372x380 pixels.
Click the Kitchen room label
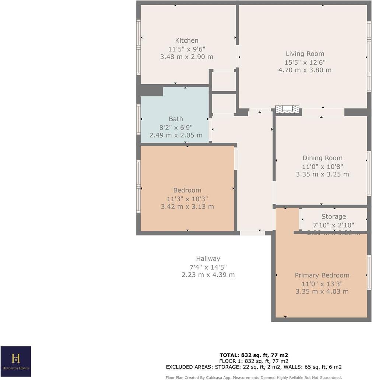187,40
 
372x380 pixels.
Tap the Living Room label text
305,54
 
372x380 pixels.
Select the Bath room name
176,119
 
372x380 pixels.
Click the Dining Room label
322,158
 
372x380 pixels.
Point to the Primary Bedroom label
322,275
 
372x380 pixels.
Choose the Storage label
333,217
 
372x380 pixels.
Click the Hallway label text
208,259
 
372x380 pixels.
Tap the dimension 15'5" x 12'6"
305,62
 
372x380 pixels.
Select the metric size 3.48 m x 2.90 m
187,57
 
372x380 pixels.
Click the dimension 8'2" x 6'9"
176,127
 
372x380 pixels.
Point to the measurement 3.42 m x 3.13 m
187,207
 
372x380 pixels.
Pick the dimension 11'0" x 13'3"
322,284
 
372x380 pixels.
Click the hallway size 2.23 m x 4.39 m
208,275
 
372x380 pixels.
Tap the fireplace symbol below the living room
287,109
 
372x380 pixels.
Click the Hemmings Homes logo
15,361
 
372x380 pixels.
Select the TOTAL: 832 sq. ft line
254,355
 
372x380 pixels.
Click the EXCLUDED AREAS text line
254,367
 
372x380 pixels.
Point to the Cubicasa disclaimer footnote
254,377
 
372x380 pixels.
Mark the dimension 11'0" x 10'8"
322,166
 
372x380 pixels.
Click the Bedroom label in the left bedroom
187,190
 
